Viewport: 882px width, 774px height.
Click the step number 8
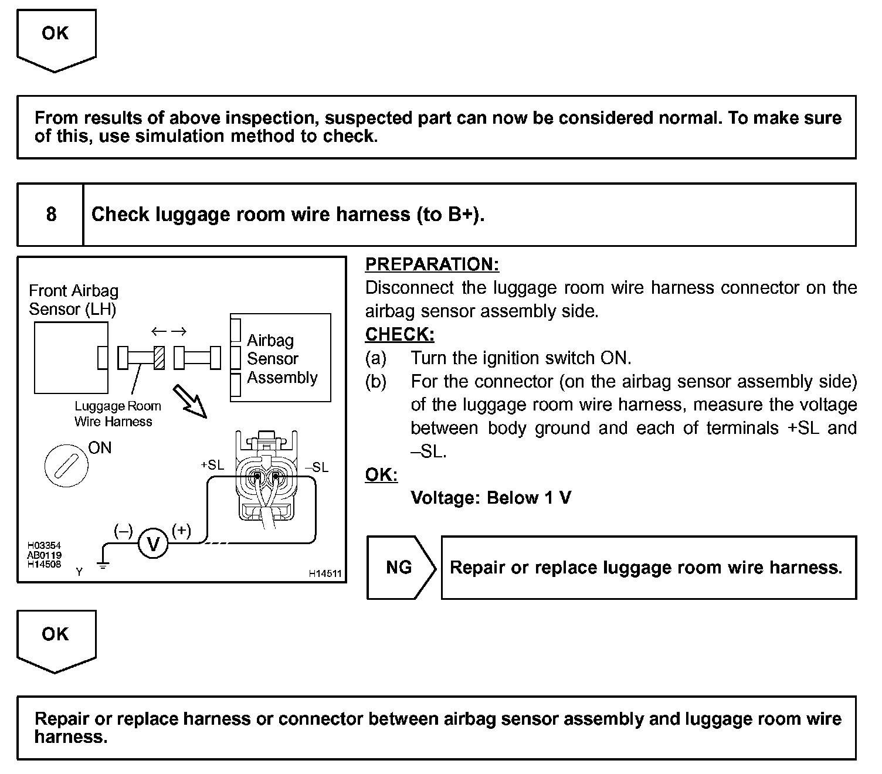[x=51, y=215]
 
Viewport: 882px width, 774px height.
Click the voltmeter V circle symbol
[x=153, y=545]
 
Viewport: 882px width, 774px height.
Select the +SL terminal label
[x=212, y=465]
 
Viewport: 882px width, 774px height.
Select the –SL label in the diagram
[x=317, y=467]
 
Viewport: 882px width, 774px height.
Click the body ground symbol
[x=103, y=565]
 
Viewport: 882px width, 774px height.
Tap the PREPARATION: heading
[x=432, y=264]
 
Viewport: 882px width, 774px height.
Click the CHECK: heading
[x=399, y=334]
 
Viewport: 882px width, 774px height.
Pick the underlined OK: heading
[x=381, y=474]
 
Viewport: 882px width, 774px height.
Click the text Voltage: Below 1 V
[x=491, y=498]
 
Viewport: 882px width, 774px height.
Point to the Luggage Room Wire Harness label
[x=117, y=413]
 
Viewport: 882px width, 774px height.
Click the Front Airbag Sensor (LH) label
[x=73, y=300]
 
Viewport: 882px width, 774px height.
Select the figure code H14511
[x=325, y=574]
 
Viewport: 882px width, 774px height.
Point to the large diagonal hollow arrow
[x=190, y=400]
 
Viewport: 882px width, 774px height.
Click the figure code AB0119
[x=44, y=555]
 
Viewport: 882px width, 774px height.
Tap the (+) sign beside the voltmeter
[x=182, y=531]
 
